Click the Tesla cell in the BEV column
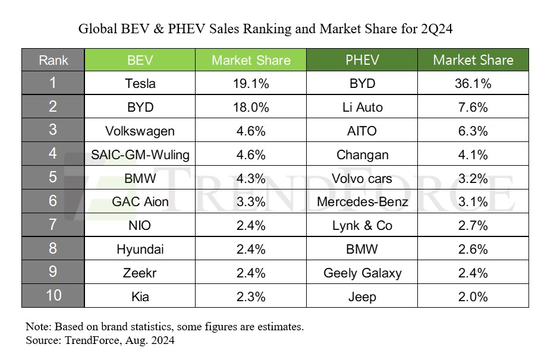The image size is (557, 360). [140, 83]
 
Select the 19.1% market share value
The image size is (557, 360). [250, 83]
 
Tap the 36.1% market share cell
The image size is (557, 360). [473, 83]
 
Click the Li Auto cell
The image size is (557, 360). [362, 107]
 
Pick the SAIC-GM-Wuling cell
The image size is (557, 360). [140, 154]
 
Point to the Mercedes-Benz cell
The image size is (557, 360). [362, 202]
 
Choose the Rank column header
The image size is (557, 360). [54, 60]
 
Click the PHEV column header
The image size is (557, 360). [362, 60]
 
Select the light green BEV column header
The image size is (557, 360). [140, 60]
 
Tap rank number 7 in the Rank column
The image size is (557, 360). [54, 225]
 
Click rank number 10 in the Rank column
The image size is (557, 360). [54, 296]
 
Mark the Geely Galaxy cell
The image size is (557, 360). [362, 273]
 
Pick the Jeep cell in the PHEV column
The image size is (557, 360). [362, 296]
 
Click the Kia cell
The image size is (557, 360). [140, 296]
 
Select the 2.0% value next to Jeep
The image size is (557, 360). [473, 296]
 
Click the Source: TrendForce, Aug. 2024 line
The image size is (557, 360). [100, 341]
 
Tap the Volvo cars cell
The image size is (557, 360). [362, 178]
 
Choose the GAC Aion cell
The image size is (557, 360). [140, 202]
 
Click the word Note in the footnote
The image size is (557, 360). [37, 327]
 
